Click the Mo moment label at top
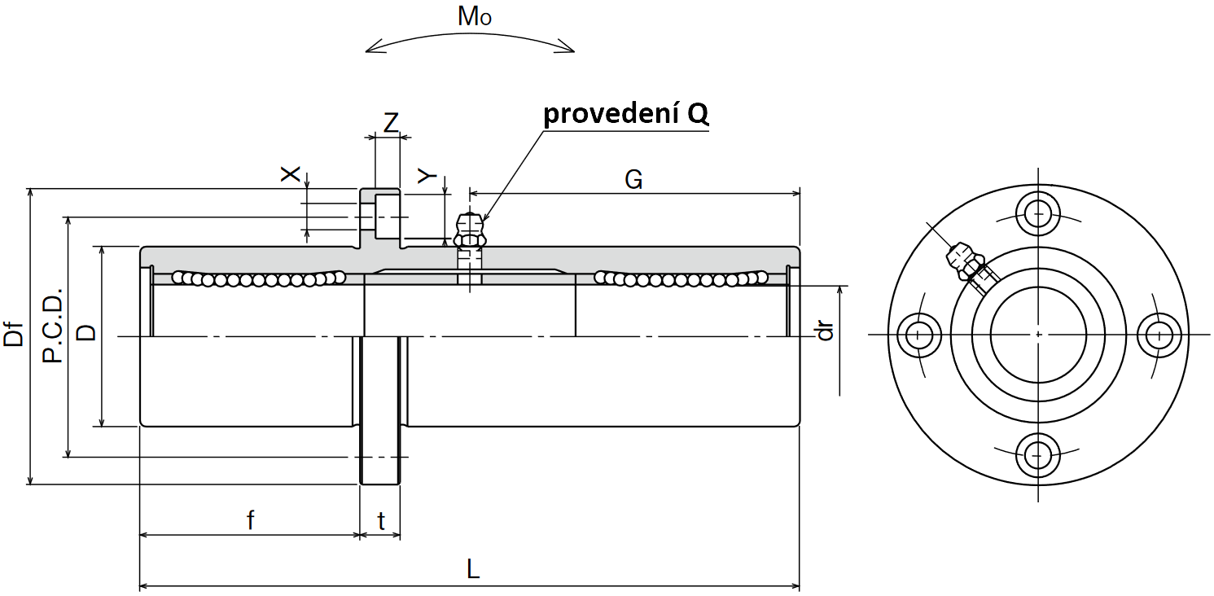point(474,16)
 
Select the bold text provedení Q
point(626,114)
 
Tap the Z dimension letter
point(391,122)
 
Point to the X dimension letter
point(290,174)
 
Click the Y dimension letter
point(427,176)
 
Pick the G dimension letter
point(633,179)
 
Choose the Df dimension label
point(14,334)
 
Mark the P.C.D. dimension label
point(53,325)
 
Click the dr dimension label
point(825,331)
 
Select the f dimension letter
point(251,520)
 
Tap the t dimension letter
point(382,521)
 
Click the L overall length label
point(473,569)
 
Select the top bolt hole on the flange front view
point(1038,213)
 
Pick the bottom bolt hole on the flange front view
point(1038,454)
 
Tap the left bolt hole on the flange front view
point(918,335)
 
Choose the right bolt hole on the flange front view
point(1159,335)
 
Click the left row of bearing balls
point(259,278)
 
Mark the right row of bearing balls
point(682,278)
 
